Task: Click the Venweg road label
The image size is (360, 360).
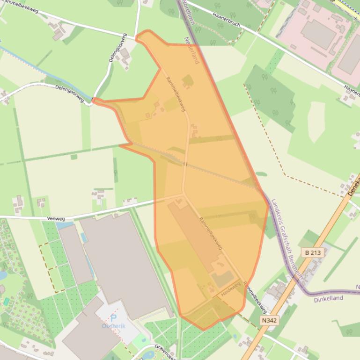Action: click(x=55, y=218)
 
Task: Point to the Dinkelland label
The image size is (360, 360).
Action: click(x=328, y=298)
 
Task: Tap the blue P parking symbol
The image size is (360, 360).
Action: click(x=113, y=318)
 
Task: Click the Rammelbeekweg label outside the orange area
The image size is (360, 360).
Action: click(x=255, y=300)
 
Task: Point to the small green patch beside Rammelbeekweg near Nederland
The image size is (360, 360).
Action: click(x=188, y=81)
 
